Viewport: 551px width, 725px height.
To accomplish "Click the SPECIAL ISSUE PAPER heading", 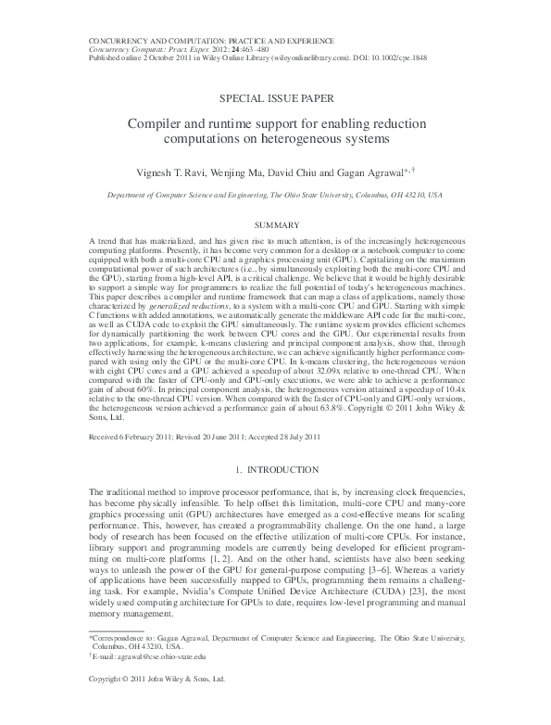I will (274, 96).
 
